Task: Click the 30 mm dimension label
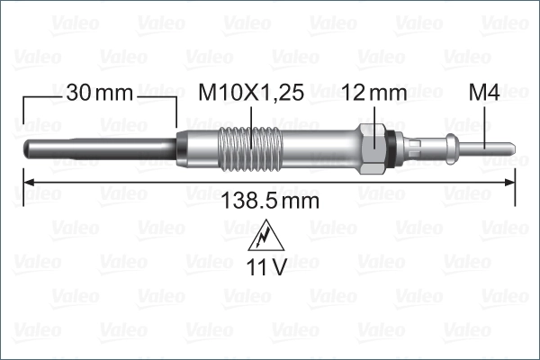coord(99,93)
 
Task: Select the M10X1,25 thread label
coord(249,93)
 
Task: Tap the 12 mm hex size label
coord(375,93)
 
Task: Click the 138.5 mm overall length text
coord(270,201)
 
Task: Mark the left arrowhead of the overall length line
coord(27,184)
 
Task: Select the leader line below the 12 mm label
coord(375,117)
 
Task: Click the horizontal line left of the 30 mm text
coord(40,93)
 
